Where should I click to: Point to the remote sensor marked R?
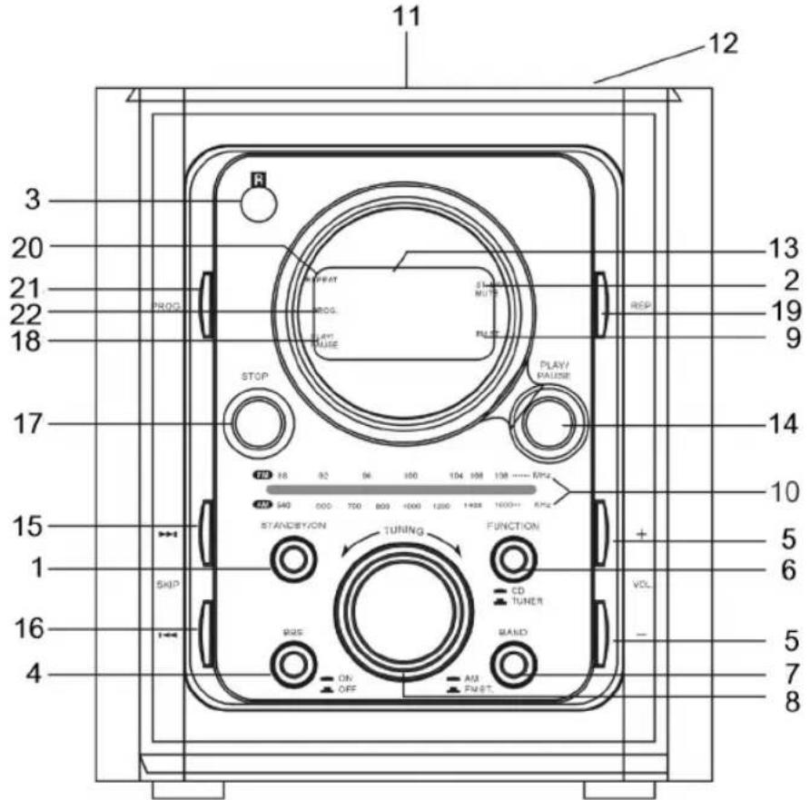[x=258, y=203]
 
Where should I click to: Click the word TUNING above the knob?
[x=401, y=531]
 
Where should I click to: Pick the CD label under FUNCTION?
[x=519, y=591]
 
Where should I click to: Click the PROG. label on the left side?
[x=167, y=307]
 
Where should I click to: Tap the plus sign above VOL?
[x=641, y=535]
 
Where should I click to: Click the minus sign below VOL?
[x=641, y=636]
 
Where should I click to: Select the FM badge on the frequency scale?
[x=263, y=475]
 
